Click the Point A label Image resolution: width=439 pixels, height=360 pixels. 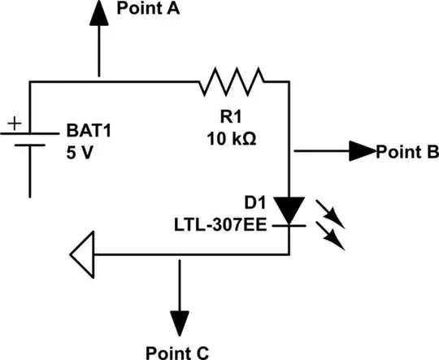[x=149, y=10]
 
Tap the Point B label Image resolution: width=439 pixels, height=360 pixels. [x=406, y=151]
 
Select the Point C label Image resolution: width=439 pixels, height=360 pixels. [x=177, y=351]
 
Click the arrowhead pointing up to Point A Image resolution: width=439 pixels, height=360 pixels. [x=98, y=12]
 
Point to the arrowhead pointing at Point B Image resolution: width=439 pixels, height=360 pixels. [x=362, y=150]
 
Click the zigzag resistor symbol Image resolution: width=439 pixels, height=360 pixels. [x=231, y=80]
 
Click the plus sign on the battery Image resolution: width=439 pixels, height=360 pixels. [x=14, y=124]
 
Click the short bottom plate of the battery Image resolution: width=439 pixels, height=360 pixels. [x=30, y=146]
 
